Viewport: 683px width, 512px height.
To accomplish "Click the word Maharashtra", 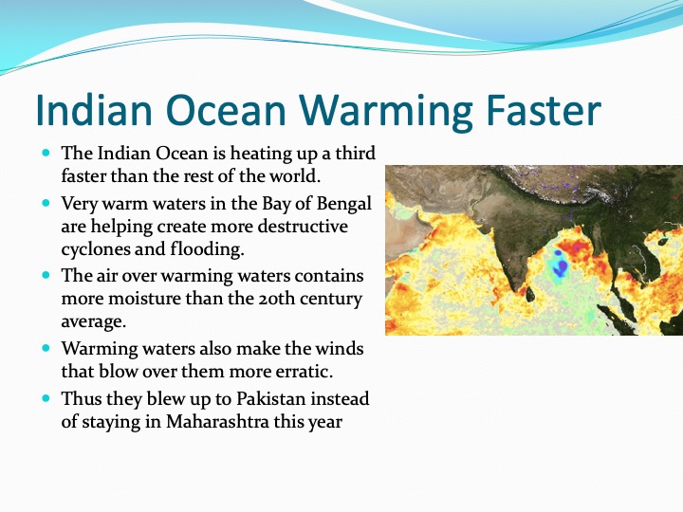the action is click(217, 421).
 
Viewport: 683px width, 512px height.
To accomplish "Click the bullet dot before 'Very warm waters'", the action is click(46, 203).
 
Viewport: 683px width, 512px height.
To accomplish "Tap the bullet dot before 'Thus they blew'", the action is click(46, 398).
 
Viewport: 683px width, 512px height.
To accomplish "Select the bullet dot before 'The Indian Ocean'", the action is click(46, 153).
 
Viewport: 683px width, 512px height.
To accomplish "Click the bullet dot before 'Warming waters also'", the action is click(46, 348).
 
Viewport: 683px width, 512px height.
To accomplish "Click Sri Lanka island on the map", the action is click(530, 294).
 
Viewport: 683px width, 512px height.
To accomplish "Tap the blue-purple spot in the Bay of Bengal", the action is click(561, 264).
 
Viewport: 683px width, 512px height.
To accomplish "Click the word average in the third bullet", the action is click(93, 321).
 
